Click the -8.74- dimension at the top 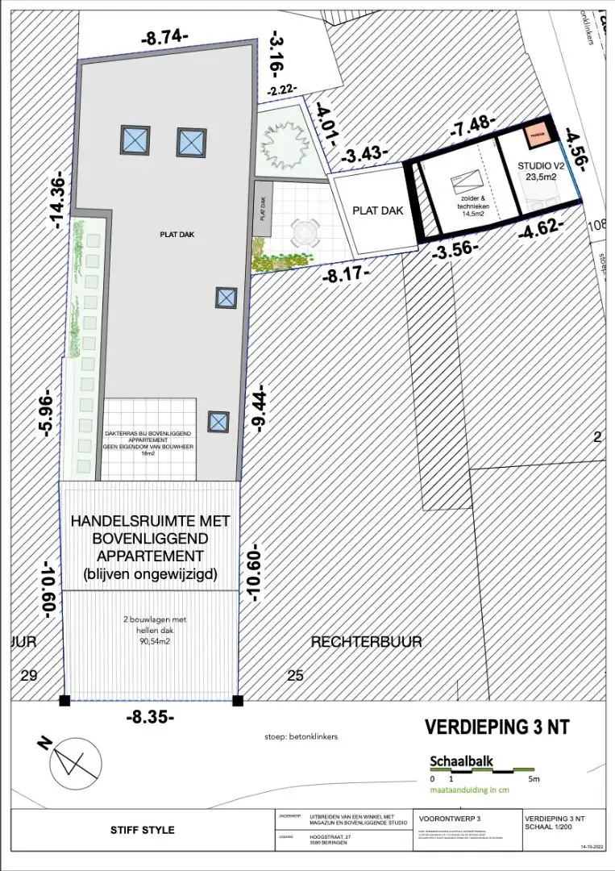coord(164,37)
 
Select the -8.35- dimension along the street coord(150,716)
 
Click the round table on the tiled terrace coord(305,235)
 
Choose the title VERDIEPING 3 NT coord(497,726)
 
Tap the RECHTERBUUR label coord(355,641)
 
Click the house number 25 coord(296,676)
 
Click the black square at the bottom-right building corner coord(236,699)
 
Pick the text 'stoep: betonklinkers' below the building coord(299,736)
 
